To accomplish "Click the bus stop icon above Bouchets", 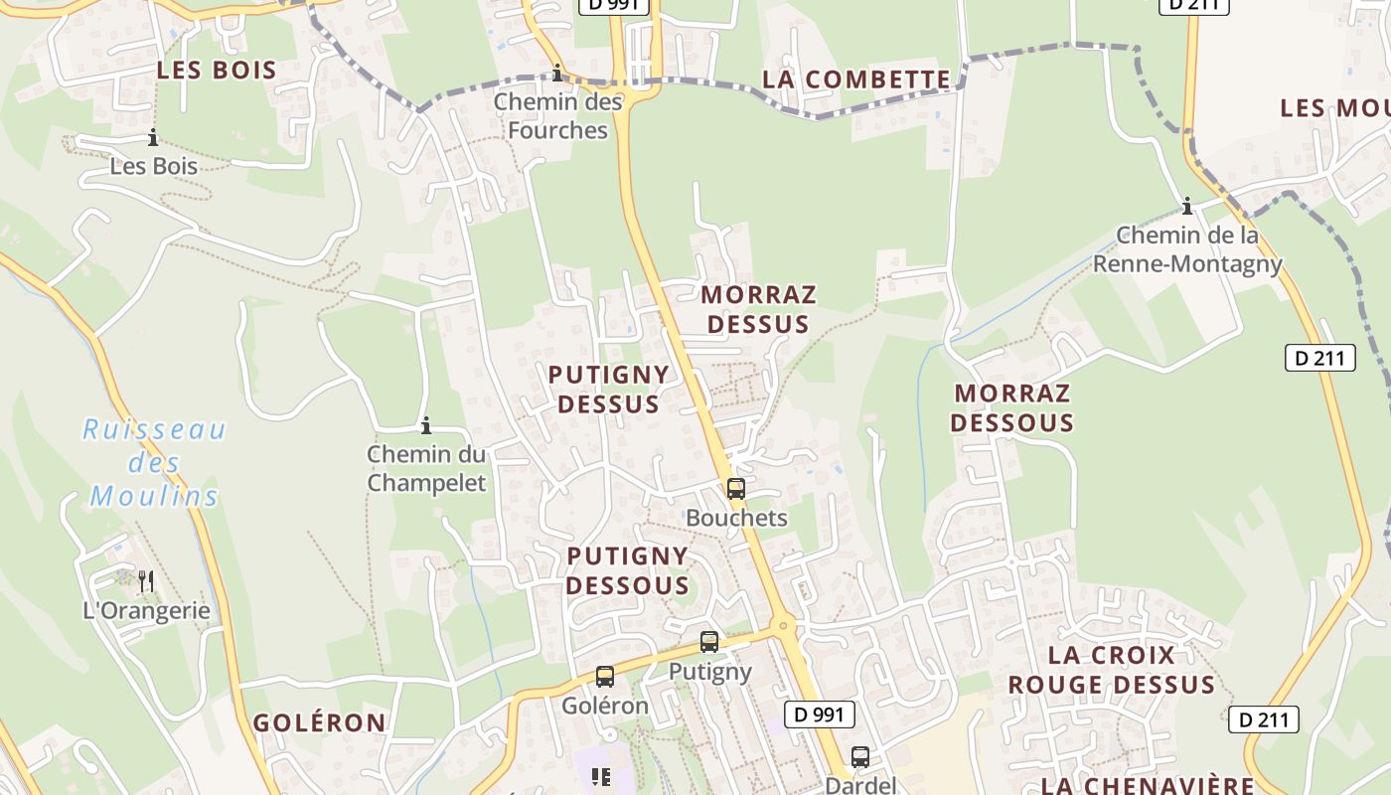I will (735, 489).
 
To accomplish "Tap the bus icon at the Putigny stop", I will (708, 642).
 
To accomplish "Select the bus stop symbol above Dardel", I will (860, 756).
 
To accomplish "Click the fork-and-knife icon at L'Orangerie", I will (145, 580).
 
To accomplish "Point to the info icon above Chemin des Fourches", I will (557, 73).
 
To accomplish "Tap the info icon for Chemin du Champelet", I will (426, 425).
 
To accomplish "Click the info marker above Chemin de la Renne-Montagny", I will (1186, 207).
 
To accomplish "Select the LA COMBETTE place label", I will (856, 79).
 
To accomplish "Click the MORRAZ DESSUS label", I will (758, 309).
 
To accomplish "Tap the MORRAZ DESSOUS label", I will (1011, 407).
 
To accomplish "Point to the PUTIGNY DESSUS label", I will (608, 389).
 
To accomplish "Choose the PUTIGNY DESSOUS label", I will (628, 570).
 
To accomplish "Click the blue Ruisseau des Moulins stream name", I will (154, 463).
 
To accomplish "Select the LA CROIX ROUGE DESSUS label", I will (1111, 670).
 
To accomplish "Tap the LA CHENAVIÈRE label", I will (1147, 785).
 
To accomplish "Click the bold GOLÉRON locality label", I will (319, 722).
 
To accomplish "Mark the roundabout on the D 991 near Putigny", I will (784, 626).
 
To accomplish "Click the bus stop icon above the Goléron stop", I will (604, 677).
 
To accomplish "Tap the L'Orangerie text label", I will (147, 610).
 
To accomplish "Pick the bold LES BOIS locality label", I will (217, 70).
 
